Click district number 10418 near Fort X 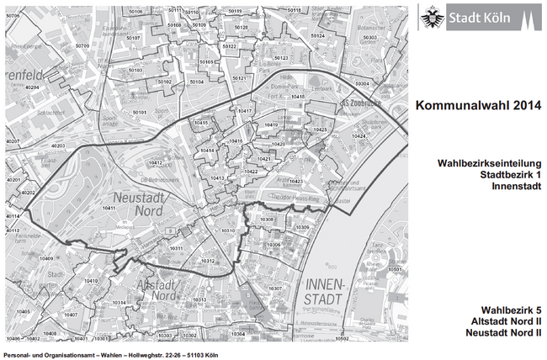tap(297, 97)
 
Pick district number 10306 tap(273, 245)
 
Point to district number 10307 tap(274, 289)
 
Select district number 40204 tap(33, 87)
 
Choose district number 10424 tap(359, 135)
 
